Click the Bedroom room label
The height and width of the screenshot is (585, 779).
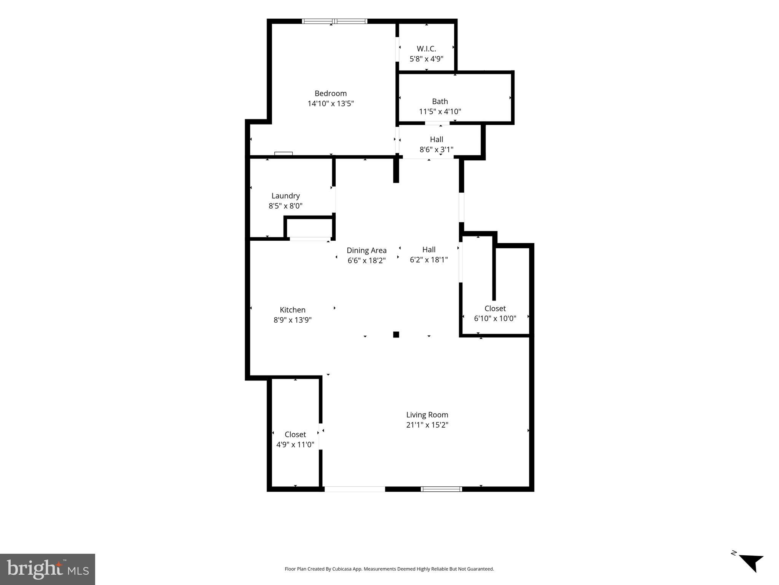point(330,93)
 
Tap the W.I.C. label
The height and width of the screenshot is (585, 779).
point(426,49)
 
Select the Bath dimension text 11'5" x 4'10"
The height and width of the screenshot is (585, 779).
point(440,112)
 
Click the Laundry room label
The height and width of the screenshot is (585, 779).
point(285,196)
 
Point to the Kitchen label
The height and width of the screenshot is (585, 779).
point(292,310)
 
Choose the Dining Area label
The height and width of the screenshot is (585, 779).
point(366,251)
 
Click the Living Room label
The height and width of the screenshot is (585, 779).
point(427,415)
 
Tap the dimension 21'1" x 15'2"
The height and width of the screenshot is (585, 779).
point(427,425)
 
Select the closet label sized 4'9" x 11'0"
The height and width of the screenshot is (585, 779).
point(295,435)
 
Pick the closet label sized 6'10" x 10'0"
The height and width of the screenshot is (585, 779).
point(495,308)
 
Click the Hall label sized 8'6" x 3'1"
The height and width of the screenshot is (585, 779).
point(436,139)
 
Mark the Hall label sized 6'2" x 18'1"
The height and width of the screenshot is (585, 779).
point(429,249)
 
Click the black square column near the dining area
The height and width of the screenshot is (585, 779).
point(396,335)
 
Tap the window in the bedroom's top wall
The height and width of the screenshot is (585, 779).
point(335,21)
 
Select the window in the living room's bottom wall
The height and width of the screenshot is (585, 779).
point(441,489)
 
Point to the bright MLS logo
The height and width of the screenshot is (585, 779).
point(48,569)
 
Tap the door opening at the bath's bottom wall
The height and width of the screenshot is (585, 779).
point(437,123)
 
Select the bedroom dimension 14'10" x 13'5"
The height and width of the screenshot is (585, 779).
point(330,104)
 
